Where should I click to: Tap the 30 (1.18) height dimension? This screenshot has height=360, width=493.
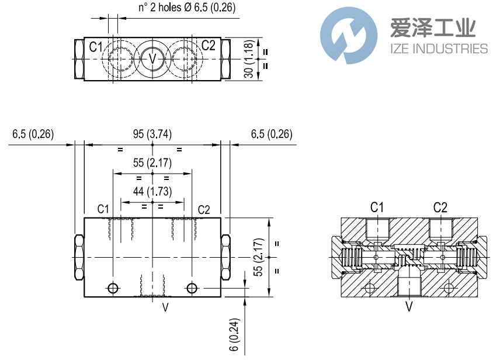point(249,59)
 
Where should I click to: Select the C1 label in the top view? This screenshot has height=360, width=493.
point(96,46)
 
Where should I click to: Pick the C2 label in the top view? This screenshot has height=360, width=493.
point(209,46)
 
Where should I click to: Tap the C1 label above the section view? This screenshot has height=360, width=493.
point(377,207)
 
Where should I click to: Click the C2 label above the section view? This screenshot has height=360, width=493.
point(440,207)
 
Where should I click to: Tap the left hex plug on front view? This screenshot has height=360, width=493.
point(79,258)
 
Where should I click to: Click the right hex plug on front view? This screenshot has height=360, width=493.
point(225,258)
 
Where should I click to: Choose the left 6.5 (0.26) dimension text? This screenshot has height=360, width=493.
point(33,134)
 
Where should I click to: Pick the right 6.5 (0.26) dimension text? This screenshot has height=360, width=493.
point(272,134)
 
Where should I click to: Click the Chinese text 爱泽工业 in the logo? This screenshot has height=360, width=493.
point(432,28)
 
